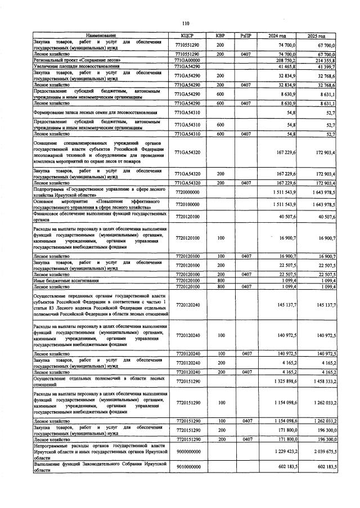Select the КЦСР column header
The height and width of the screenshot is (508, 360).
(x=186, y=36)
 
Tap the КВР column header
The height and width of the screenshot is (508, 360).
(x=220, y=36)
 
